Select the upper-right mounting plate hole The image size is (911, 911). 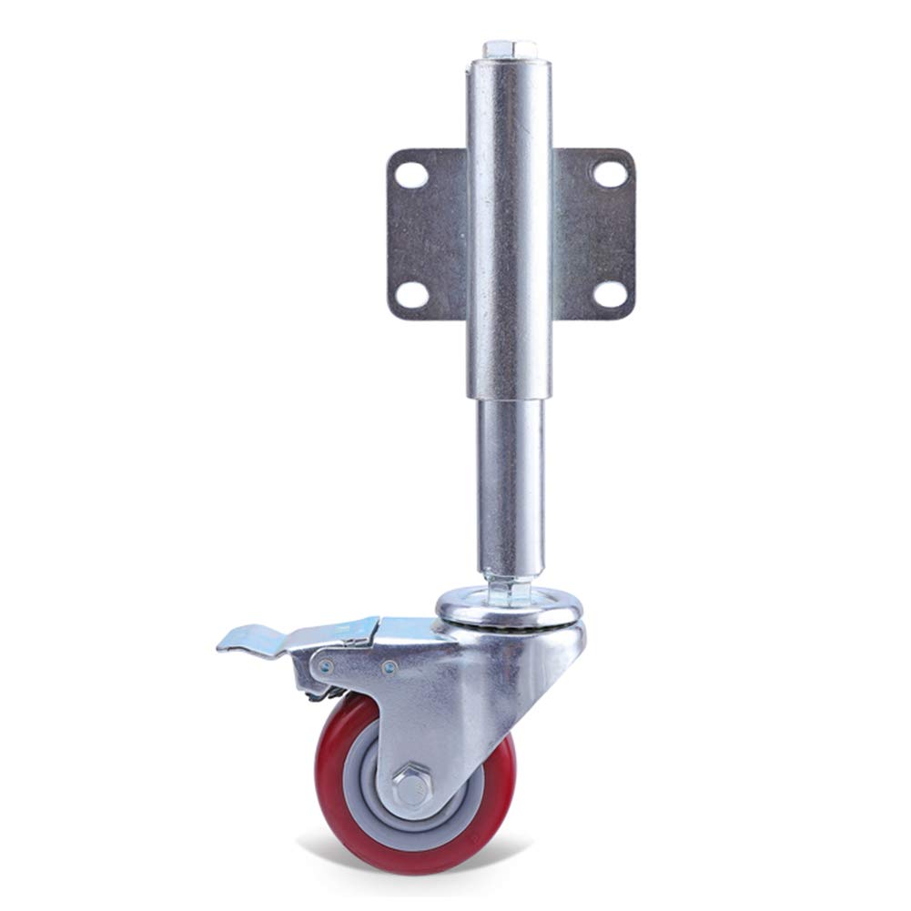tap(609, 172)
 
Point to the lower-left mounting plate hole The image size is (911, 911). tap(409, 293)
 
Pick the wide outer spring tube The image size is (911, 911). tap(509, 228)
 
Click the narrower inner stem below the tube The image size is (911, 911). tap(511, 482)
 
